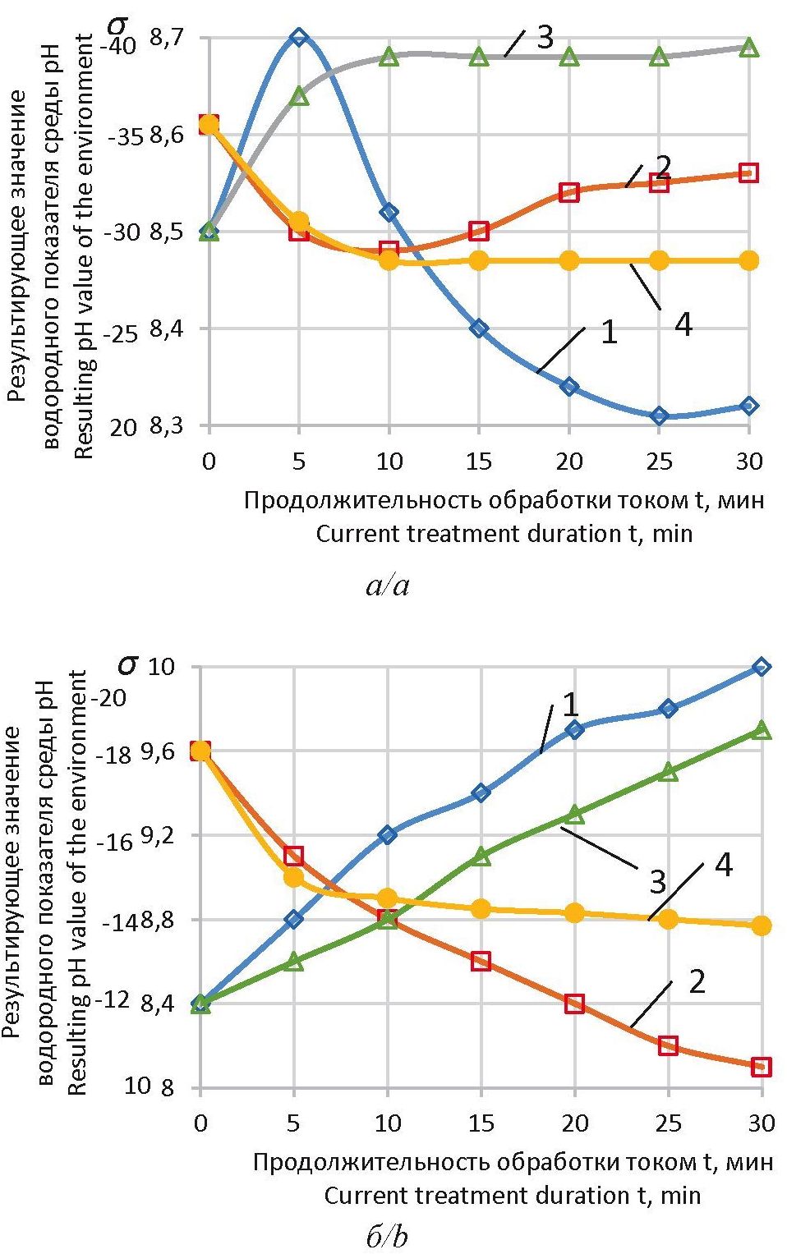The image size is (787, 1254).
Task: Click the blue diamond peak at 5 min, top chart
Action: (x=299, y=37)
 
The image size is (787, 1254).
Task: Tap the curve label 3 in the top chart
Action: (x=545, y=37)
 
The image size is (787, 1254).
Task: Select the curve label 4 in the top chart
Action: (x=683, y=325)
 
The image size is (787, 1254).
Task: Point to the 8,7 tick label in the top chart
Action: (x=167, y=38)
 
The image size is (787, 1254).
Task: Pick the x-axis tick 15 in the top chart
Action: (x=479, y=461)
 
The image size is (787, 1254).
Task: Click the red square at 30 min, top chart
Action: (x=748, y=172)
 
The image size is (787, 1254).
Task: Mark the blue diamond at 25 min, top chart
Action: (x=659, y=416)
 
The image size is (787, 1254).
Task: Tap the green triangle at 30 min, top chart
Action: (x=748, y=48)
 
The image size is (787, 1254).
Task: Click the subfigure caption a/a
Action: (x=386, y=586)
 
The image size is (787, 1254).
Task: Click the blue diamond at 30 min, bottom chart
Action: (x=762, y=667)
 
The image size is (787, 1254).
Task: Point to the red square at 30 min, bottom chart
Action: (x=762, y=1067)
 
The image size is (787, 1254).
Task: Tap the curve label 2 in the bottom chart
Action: (x=697, y=981)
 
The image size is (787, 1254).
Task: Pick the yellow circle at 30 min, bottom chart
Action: (x=762, y=926)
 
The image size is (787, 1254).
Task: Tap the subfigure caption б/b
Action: (x=386, y=1237)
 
